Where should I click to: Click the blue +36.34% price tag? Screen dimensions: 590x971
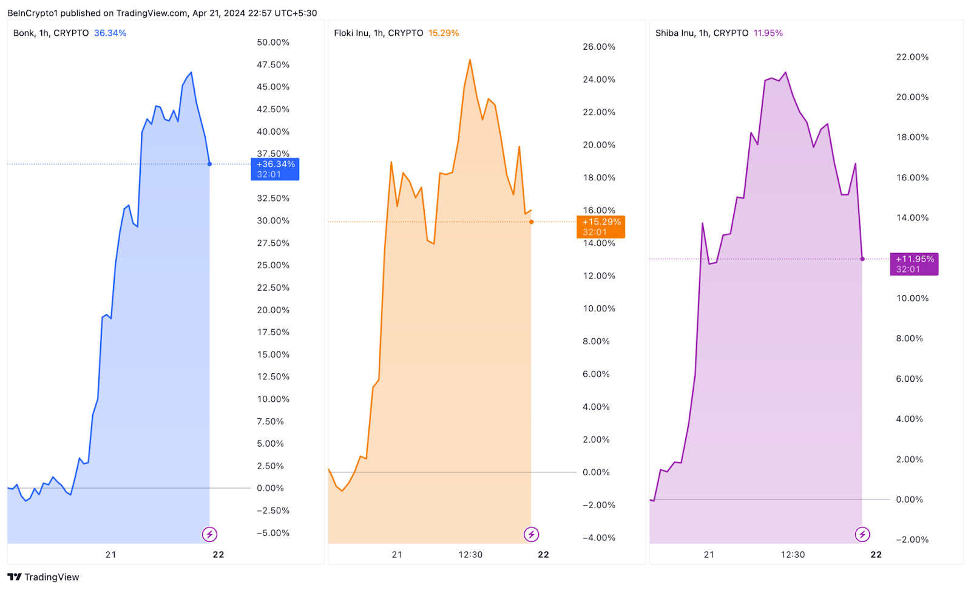275,169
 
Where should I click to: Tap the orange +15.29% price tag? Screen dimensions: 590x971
600,226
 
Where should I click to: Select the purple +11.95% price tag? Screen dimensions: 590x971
914,263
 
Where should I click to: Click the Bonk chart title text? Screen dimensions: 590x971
51,33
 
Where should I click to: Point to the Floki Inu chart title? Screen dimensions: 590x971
378,33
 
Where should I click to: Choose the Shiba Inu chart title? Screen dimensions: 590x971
702,33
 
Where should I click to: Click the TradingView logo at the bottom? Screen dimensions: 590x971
43,577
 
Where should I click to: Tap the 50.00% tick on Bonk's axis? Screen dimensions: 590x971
273,42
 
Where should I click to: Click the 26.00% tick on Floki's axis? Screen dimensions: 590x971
599,47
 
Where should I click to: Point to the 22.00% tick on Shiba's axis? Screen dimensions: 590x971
912,57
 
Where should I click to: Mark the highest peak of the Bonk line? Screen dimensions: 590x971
191,73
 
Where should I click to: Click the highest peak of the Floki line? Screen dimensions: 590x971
470,60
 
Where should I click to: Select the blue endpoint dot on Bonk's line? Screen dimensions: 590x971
210,164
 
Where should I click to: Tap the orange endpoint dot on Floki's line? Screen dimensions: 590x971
532,222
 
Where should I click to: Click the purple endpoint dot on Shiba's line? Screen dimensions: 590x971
862,259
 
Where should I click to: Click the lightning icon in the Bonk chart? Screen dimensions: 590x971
209,534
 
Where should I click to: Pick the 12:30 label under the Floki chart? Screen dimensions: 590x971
470,554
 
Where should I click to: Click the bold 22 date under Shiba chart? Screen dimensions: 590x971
876,554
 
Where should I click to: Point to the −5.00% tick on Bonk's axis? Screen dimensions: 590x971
273,533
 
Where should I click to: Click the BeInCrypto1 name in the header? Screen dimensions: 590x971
32,13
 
